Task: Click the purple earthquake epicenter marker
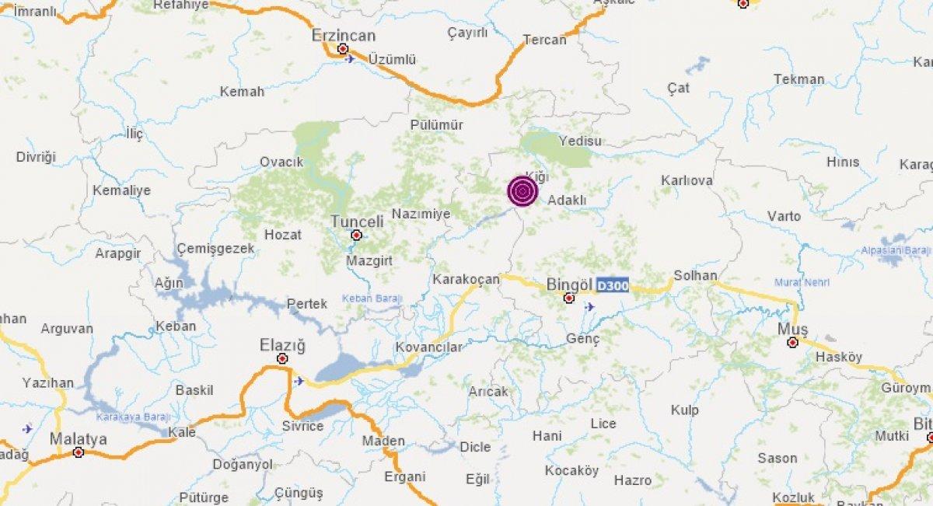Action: (522, 191)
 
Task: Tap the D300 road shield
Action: (612, 286)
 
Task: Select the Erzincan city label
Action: (343, 36)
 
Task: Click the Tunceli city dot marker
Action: (356, 235)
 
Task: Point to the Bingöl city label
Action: (570, 284)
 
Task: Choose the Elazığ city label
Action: (282, 345)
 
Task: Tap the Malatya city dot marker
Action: (78, 452)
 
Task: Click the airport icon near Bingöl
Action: (589, 306)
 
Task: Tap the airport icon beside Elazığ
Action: (299, 381)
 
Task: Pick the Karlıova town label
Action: (687, 180)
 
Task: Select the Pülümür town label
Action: (436, 124)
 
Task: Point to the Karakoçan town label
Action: (465, 279)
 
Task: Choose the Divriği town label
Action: (37, 157)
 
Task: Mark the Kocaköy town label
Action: (571, 470)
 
